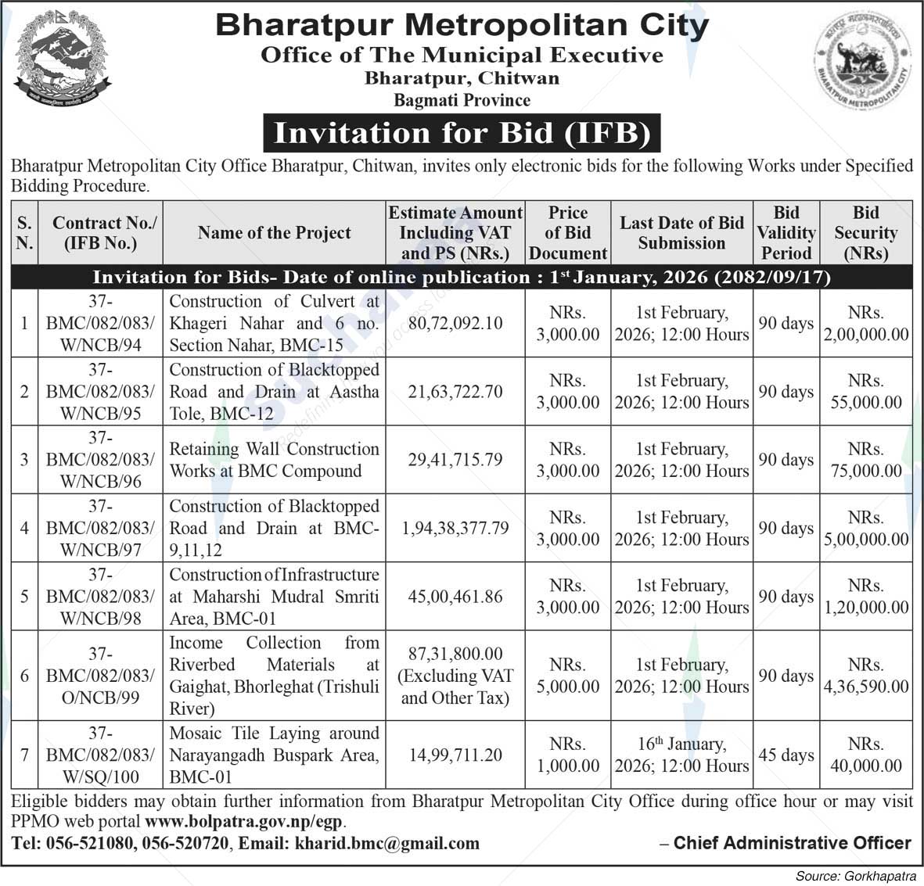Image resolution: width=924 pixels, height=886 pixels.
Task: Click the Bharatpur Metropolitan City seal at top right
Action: click(x=863, y=62)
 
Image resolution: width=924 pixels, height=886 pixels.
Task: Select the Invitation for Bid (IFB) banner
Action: click(x=462, y=133)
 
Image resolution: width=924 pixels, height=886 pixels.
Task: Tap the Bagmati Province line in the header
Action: click(x=462, y=100)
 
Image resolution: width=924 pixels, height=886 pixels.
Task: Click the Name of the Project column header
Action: click(x=274, y=233)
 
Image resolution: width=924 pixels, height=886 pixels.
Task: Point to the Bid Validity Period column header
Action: click(x=786, y=233)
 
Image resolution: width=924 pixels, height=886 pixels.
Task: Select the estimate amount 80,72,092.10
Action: click(x=455, y=323)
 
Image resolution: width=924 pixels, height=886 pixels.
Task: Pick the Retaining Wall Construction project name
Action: click(x=274, y=460)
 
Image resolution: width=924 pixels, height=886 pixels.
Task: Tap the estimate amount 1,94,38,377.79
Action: click(x=455, y=529)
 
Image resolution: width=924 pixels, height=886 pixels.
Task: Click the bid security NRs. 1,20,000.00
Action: click(x=865, y=597)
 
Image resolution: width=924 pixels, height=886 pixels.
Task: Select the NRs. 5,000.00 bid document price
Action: click(x=567, y=676)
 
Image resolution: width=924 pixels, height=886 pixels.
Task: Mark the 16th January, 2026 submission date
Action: click(x=681, y=755)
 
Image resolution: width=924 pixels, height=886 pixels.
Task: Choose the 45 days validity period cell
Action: click(x=786, y=755)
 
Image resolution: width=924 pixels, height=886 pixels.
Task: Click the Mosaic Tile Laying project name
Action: click(x=274, y=755)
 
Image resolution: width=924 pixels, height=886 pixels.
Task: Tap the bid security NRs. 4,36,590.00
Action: click(x=865, y=676)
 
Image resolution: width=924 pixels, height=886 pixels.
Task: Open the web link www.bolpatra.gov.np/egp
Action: click(x=244, y=822)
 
